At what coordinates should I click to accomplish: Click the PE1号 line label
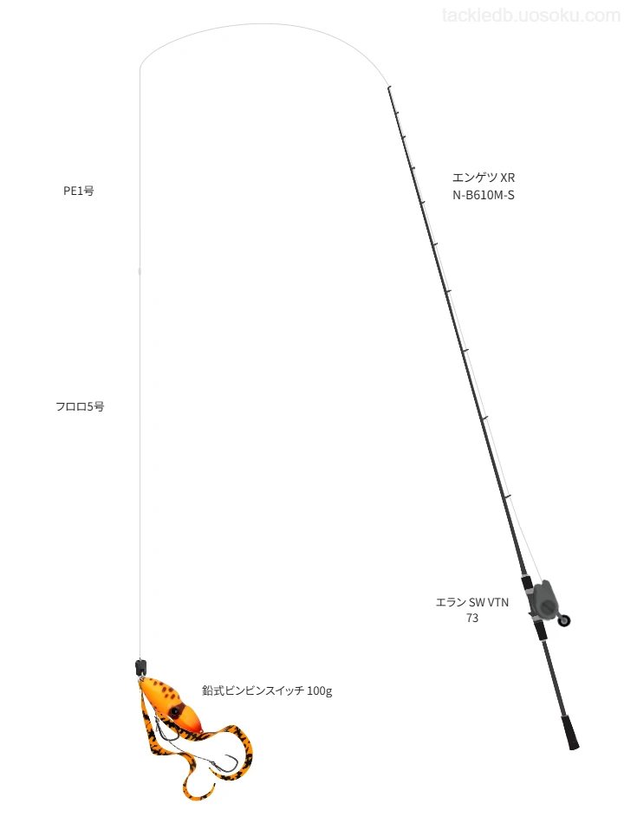[x=79, y=191]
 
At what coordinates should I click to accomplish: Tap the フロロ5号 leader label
[x=80, y=406]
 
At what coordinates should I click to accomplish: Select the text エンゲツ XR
[x=484, y=178]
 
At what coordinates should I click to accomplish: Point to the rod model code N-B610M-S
[x=484, y=195]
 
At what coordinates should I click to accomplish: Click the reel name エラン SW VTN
[x=472, y=602]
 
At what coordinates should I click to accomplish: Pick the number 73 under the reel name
[x=472, y=619]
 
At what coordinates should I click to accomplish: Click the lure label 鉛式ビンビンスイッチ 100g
[x=267, y=690]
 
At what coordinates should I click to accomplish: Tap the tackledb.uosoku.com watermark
[x=531, y=16]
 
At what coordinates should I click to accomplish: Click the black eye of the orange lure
[x=173, y=711]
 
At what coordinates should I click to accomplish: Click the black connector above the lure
[x=140, y=667]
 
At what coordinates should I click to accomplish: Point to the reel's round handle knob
[x=565, y=620]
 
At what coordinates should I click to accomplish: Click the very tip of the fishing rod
[x=388, y=87]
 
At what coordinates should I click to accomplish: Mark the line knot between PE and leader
[x=140, y=271]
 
